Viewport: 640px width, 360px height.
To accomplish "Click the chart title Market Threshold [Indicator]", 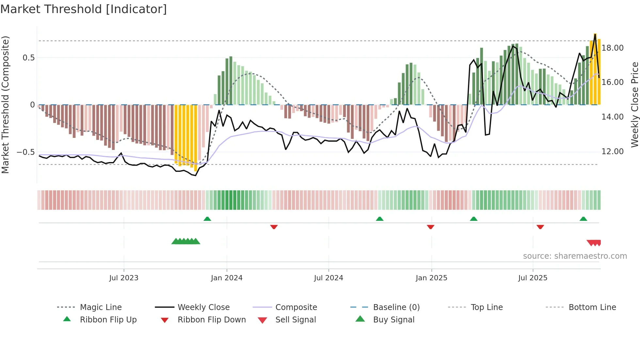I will (84, 9).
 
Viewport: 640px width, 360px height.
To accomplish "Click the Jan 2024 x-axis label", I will (227, 278).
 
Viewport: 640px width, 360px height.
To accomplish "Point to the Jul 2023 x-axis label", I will (124, 278).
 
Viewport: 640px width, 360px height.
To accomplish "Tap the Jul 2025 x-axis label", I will (533, 278).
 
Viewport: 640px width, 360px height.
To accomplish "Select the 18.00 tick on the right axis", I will (613, 48).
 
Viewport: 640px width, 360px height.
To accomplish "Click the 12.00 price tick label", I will (613, 152).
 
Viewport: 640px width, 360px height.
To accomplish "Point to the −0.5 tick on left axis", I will (26, 152).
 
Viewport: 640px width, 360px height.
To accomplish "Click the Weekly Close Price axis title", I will (634, 105).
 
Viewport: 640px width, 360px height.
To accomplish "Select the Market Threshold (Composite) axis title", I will (5, 105).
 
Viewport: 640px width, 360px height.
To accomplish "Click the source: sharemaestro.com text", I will (575, 256).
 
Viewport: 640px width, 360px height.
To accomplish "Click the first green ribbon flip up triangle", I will (207, 219).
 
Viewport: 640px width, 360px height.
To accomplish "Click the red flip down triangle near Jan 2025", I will (430, 227).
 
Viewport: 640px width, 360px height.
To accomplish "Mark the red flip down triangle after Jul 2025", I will (540, 227).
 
